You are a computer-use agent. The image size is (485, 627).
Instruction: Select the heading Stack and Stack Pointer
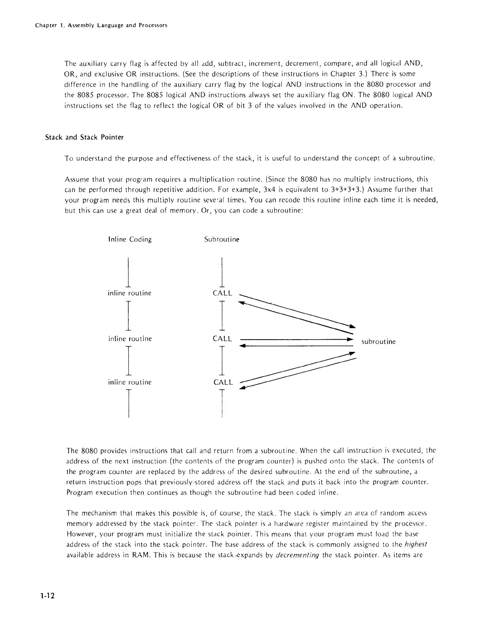pos(84,137)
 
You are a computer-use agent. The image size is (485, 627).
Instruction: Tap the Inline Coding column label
pos(130,239)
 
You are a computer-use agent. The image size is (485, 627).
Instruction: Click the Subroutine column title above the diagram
pos(221,239)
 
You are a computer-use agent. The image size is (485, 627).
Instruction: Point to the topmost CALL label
pos(222,293)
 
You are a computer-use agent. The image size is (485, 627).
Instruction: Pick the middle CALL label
pos(222,339)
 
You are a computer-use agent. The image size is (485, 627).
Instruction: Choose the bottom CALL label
pos(223,382)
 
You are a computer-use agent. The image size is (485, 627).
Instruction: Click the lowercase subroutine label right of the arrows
pos(378,342)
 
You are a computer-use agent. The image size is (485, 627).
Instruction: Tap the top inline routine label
pos(130,293)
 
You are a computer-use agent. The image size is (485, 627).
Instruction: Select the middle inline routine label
pos(130,339)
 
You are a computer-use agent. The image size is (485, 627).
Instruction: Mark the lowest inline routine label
pos(130,382)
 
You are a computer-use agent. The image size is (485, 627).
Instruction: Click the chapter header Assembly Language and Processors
pos(101,25)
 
